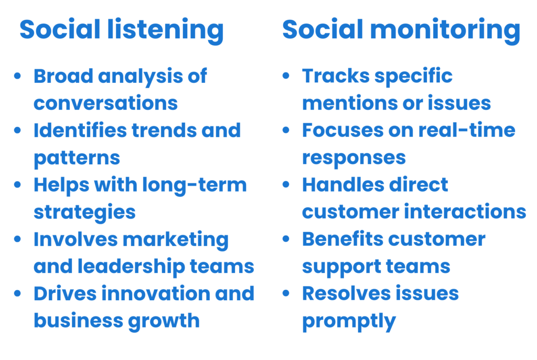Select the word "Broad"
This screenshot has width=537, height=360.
tap(63, 76)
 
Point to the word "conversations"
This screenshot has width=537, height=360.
tap(106, 103)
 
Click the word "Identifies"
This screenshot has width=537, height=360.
tap(80, 130)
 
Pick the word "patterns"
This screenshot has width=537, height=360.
tap(77, 158)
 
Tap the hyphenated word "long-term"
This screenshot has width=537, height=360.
tap(195, 185)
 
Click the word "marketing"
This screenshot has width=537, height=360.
tap(176, 240)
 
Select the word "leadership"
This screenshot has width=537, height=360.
tap(132, 267)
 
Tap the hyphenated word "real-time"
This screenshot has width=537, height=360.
tap(467, 130)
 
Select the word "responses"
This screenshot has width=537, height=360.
tap(354, 158)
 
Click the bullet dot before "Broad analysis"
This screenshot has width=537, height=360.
tap(17, 76)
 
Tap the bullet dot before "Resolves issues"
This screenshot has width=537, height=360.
tap(286, 293)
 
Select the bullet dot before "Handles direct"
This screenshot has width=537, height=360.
tap(286, 185)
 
